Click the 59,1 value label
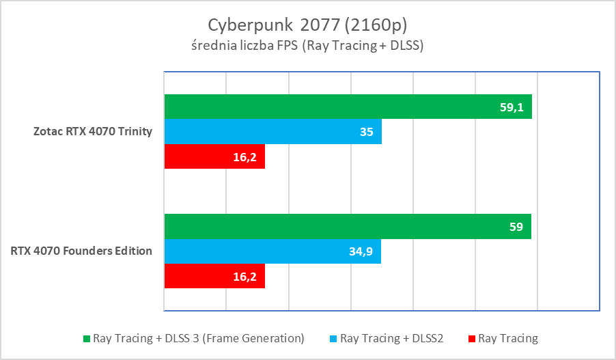click(512, 107)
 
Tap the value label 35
click(367, 132)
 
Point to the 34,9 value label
click(362, 251)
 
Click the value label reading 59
click(516, 227)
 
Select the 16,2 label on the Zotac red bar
click(245, 157)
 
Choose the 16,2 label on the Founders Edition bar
click(245, 276)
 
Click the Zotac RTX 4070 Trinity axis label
click(93, 132)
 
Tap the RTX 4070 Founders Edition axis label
click(81, 251)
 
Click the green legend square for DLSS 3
click(86, 338)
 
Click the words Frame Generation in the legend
click(259, 338)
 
